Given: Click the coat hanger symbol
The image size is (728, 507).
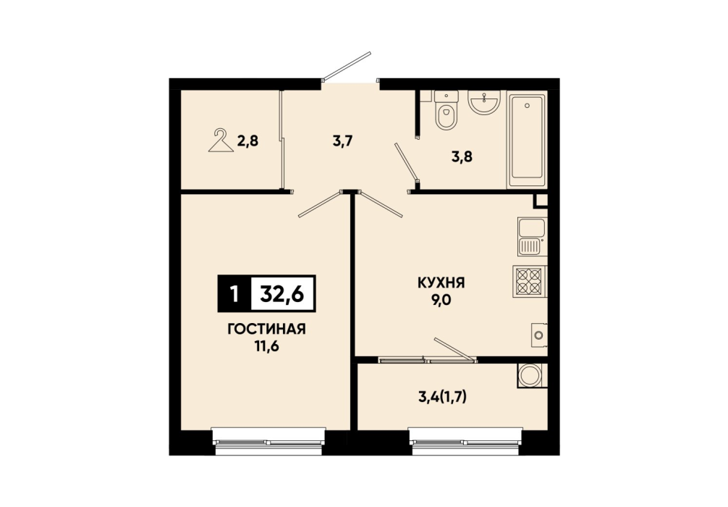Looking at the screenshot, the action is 221,141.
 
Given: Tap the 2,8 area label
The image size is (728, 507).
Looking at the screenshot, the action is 247,141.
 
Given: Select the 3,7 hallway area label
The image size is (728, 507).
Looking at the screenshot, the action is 342,141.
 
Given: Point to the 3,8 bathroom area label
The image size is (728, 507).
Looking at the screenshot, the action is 462,156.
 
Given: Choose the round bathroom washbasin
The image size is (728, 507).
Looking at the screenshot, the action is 484,101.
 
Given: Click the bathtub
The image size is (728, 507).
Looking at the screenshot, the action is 527,139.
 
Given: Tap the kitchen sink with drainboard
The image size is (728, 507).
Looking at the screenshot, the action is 532,237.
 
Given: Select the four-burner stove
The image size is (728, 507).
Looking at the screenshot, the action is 530,282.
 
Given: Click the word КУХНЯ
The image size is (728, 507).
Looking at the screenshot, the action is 441,282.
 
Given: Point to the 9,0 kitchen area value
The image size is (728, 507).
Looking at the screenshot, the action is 441,299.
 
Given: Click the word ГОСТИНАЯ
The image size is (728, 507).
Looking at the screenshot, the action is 266,329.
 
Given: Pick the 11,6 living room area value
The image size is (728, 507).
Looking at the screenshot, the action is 266,346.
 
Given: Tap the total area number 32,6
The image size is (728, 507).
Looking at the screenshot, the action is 282,293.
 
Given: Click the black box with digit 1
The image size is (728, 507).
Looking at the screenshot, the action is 234,293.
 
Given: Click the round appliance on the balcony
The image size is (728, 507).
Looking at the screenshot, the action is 530,375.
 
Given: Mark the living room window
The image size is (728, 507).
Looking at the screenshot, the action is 268,442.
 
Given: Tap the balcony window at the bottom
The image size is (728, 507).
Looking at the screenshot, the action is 466,442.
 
